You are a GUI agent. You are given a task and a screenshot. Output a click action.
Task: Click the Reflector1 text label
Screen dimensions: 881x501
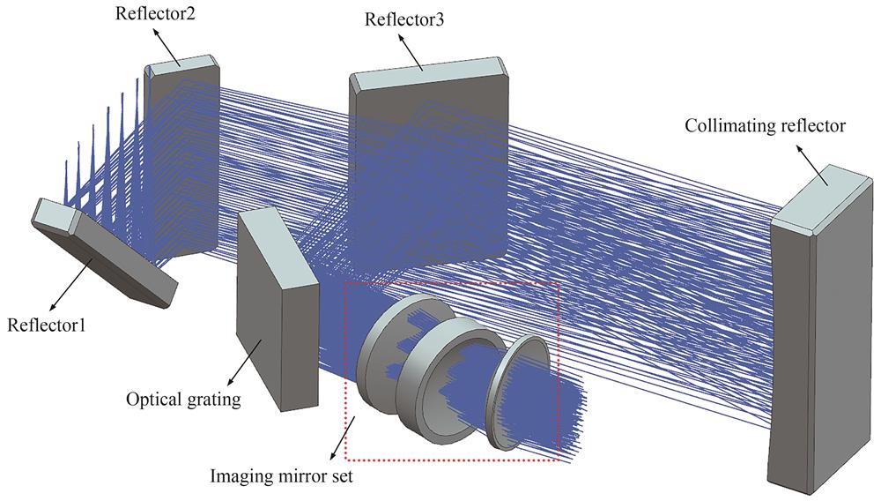click(47, 325)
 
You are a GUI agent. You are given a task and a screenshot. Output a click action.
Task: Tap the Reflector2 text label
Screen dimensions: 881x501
click(155, 13)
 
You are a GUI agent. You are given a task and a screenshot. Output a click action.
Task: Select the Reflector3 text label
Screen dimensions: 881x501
click(404, 19)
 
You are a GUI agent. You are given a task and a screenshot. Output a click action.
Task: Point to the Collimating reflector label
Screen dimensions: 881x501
click(765, 125)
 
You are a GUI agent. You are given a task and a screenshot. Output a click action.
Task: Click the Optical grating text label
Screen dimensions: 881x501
click(183, 400)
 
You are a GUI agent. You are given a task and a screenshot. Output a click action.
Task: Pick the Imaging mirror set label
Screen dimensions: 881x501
click(282, 476)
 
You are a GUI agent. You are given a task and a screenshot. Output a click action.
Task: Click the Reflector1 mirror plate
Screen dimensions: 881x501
click(105, 253)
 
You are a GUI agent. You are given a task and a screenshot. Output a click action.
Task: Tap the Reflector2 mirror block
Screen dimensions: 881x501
click(181, 157)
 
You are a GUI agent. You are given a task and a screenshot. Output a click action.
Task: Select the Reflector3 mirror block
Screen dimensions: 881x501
click(429, 163)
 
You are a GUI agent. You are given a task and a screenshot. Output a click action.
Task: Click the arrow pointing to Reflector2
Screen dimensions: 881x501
click(167, 49)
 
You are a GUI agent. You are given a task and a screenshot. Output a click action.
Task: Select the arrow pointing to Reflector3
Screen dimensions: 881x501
click(411, 53)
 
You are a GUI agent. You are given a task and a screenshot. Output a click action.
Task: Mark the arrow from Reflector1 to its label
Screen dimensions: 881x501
click(71, 285)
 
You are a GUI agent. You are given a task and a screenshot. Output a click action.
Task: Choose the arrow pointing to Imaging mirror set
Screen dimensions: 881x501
click(343, 440)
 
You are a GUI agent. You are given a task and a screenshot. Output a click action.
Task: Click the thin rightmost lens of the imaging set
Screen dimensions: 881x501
click(519, 393)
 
